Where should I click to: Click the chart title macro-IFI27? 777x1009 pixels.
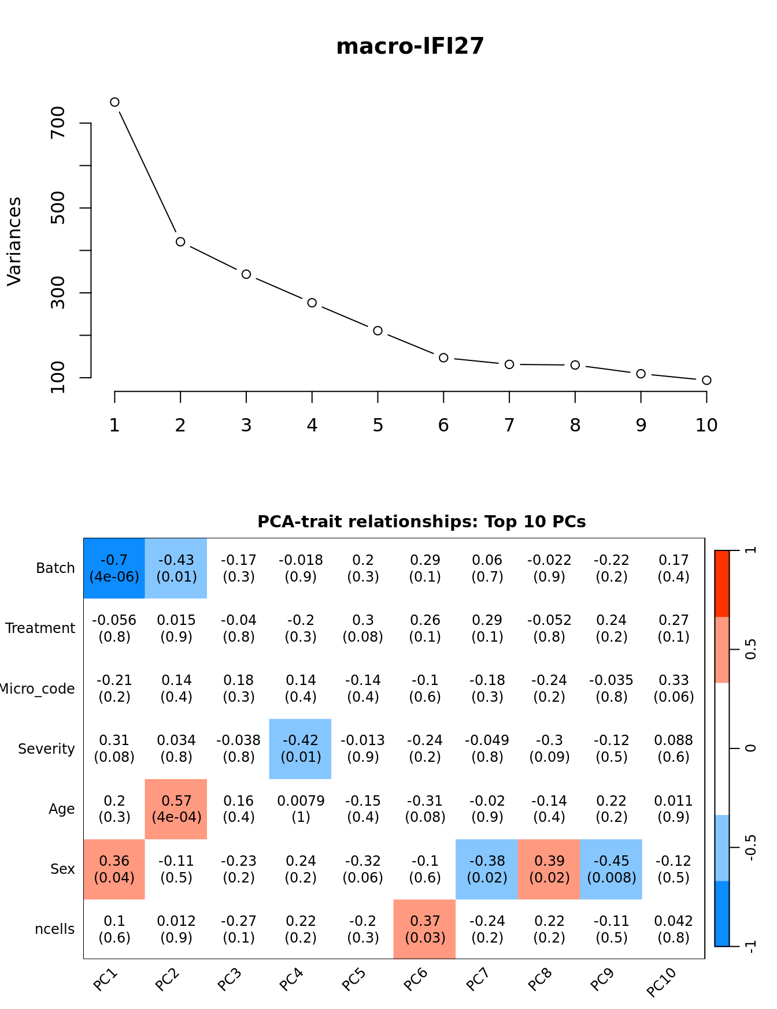(x=410, y=46)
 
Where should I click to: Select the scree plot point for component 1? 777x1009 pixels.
(x=114, y=102)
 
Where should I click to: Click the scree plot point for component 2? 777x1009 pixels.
(x=180, y=242)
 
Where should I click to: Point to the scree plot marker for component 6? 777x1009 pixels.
(x=443, y=358)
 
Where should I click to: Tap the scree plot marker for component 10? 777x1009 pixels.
(x=706, y=380)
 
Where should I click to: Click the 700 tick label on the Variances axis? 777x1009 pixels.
(x=58, y=122)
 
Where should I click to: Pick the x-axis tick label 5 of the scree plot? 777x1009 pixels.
(x=378, y=426)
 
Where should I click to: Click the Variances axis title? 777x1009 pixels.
(x=14, y=241)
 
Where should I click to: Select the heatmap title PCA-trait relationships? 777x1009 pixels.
(x=421, y=522)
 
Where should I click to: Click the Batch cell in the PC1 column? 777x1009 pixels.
(x=114, y=568)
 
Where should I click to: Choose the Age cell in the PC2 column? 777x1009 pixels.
(x=176, y=809)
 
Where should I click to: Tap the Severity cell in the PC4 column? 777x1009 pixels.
(x=301, y=749)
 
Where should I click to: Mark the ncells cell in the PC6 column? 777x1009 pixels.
(x=425, y=929)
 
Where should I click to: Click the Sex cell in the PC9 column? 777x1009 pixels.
(x=611, y=869)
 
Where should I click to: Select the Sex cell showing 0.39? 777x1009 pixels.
(x=549, y=869)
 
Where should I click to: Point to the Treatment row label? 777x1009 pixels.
(x=40, y=628)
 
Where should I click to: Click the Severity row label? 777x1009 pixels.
(x=46, y=749)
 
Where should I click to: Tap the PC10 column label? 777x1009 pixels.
(x=662, y=982)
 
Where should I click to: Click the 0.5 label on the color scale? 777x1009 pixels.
(x=750, y=649)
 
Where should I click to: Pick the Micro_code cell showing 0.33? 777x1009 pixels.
(x=674, y=688)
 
